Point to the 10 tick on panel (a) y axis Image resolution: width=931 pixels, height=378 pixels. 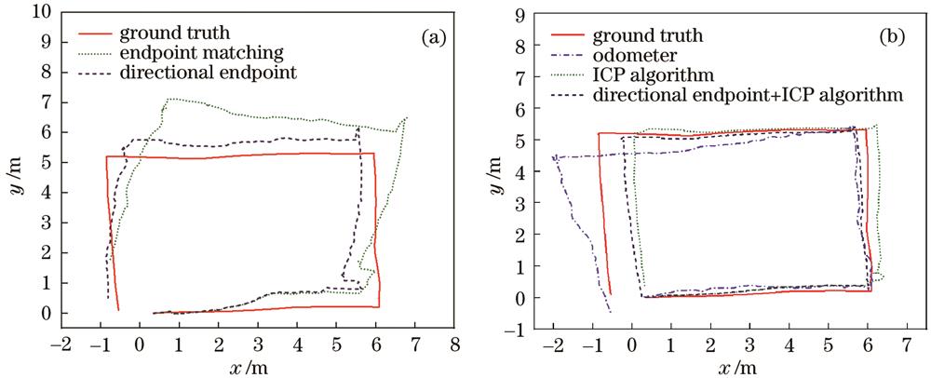[39, 12]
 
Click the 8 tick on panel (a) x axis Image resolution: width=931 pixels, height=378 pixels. [454, 345]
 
